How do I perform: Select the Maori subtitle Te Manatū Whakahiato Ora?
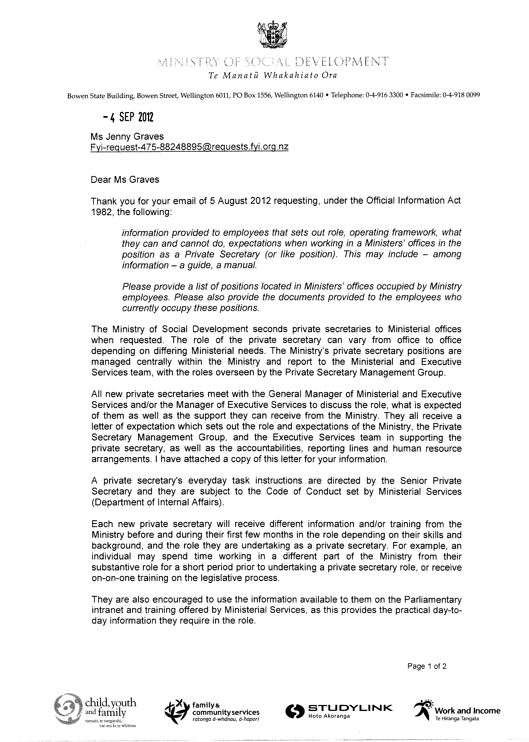click(273, 76)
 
